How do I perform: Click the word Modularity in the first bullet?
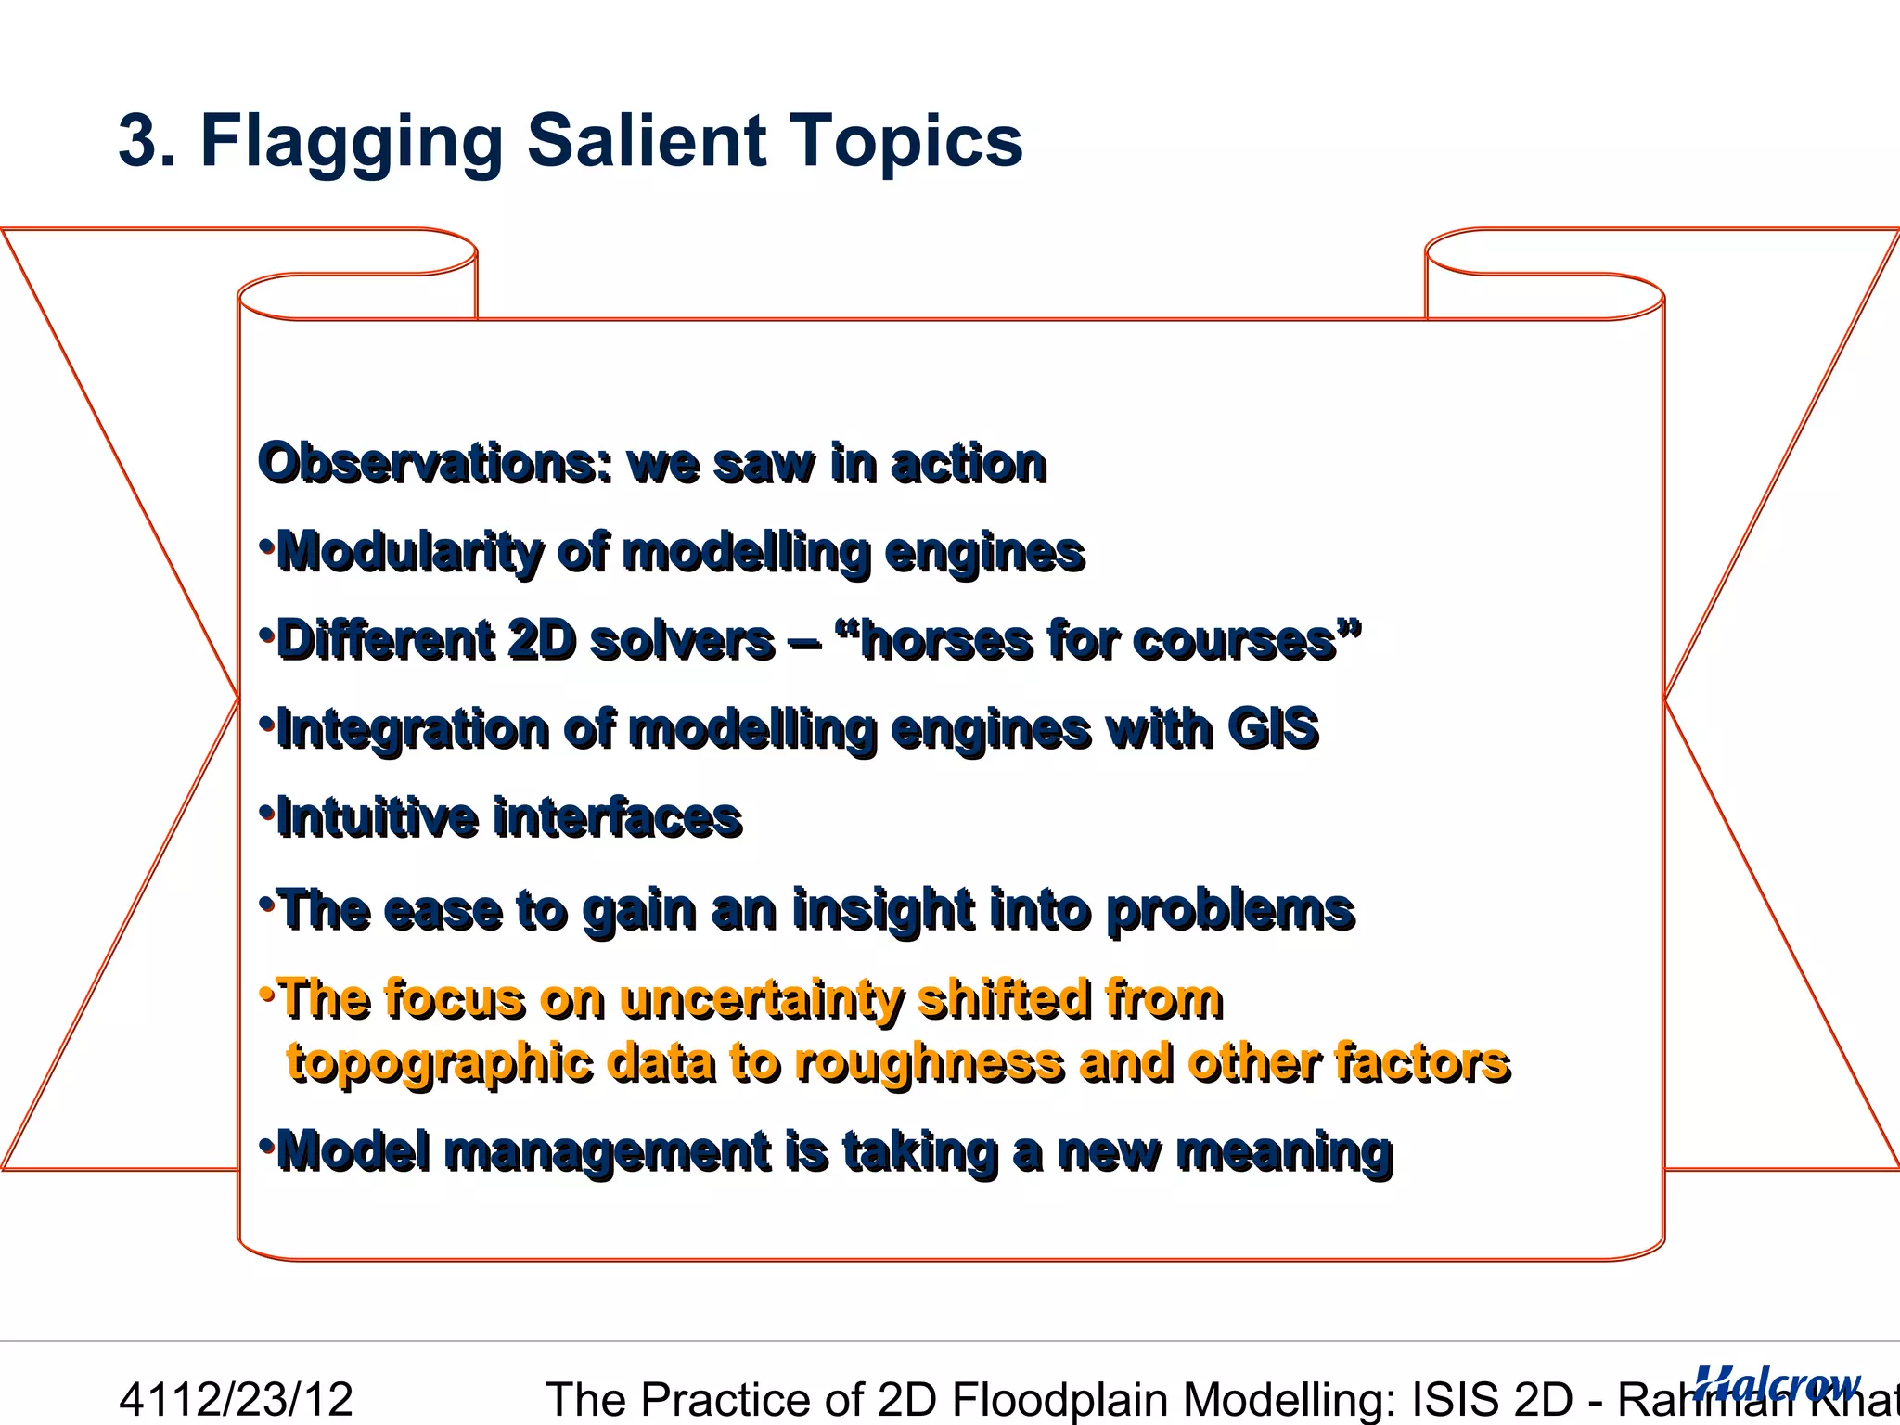(409, 553)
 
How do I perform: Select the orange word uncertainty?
(761, 1000)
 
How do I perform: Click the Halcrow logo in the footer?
(1777, 1385)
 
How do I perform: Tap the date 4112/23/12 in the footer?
(237, 1399)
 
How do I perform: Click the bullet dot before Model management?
(267, 1143)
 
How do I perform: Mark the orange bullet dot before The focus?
(267, 993)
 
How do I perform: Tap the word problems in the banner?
(1231, 910)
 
